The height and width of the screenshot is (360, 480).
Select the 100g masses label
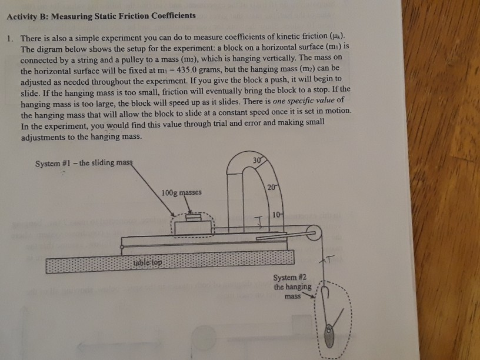click(x=181, y=193)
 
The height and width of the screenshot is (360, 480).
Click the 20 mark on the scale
click(x=271, y=188)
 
